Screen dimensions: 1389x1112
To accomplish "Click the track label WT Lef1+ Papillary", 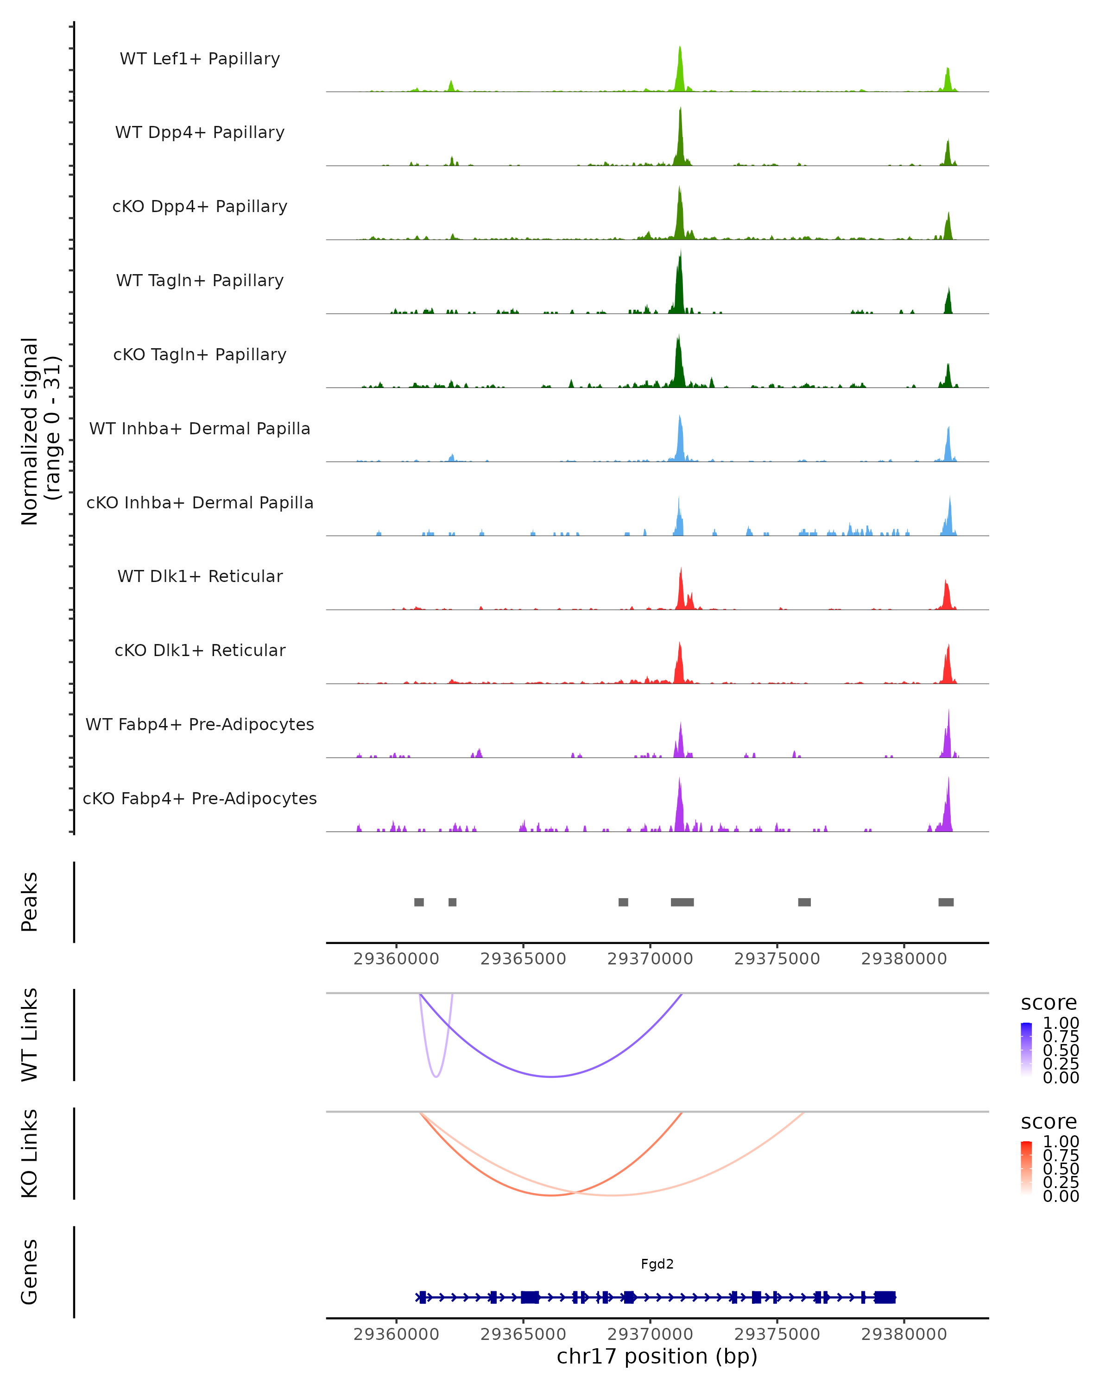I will [200, 59].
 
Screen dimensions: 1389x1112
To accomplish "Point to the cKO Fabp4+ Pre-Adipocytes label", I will [200, 798].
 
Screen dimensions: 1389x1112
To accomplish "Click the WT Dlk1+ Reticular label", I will [200, 576].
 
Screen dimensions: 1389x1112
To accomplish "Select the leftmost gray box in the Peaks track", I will [419, 902].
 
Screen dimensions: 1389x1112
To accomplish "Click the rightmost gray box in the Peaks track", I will [946, 902].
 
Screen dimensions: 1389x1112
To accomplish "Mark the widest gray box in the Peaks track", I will [682, 902].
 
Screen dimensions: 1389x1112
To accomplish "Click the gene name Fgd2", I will [657, 1264].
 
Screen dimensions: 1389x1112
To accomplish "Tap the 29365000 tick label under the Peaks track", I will [523, 959].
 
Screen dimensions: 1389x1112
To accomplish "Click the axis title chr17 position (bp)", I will [657, 1356].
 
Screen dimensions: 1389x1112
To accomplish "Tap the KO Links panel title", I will [30, 1153].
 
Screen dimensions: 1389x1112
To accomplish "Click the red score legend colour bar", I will [1026, 1167].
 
